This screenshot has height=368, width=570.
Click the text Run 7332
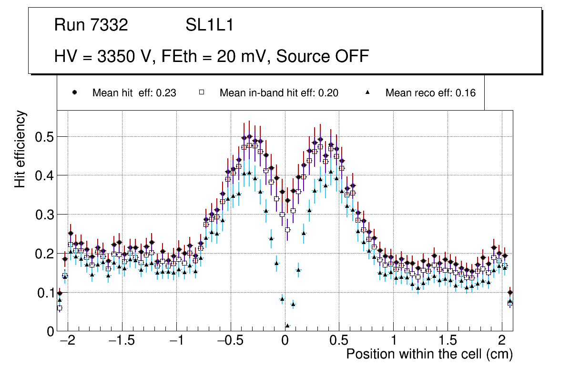[x=91, y=25]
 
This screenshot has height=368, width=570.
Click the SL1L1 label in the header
[x=209, y=25]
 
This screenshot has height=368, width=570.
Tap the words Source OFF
[x=323, y=56]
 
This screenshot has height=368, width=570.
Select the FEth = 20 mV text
[x=216, y=56]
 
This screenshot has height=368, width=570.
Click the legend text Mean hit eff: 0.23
[x=134, y=93]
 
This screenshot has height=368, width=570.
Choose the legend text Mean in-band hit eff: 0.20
[x=279, y=93]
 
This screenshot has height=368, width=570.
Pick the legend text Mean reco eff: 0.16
[x=430, y=93]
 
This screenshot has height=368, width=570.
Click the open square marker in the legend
[x=202, y=92]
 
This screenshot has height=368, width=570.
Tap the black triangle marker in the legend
[x=367, y=92]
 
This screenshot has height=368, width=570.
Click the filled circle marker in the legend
[x=74, y=92]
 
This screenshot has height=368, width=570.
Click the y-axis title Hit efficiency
[x=20, y=149]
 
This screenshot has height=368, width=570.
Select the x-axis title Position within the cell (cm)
[x=429, y=354]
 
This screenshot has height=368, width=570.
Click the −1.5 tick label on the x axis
[x=122, y=341]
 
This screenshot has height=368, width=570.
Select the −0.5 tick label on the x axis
[x=230, y=341]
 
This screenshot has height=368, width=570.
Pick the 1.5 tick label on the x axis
[x=448, y=341]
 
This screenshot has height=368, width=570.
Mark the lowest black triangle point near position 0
[x=287, y=326]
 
